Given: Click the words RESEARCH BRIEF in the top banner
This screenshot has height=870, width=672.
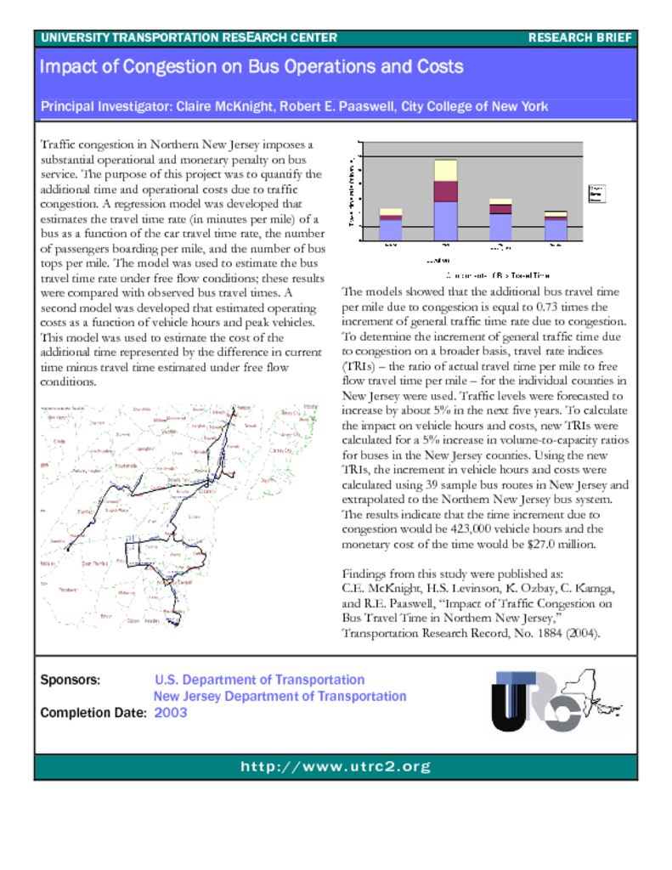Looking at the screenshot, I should click(x=580, y=37).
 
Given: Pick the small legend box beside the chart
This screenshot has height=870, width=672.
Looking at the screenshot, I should click(x=596, y=193).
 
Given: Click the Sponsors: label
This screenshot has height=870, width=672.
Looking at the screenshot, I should click(x=71, y=680).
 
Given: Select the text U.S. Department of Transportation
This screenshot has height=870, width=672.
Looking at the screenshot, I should click(x=259, y=680).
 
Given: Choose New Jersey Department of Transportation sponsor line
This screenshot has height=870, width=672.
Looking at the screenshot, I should click(x=280, y=697).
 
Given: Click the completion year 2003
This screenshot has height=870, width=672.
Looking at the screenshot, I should click(x=171, y=713).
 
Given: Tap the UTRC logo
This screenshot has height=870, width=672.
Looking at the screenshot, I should click(x=557, y=700).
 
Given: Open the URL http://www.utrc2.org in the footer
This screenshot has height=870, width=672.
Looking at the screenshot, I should click(x=336, y=767).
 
